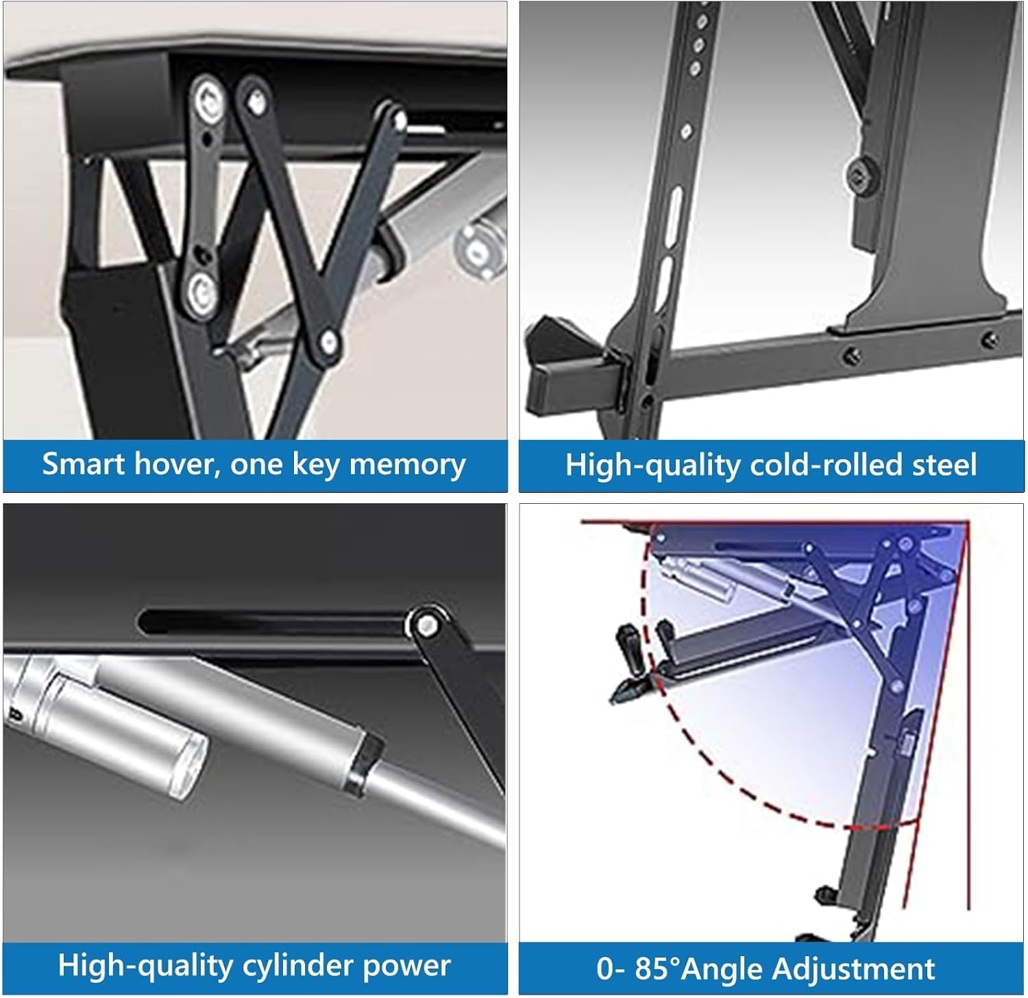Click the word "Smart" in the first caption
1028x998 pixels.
click(x=84, y=464)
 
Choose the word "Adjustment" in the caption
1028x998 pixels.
click(x=853, y=969)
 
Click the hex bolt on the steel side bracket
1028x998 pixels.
click(x=859, y=175)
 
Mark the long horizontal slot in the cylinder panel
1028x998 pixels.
click(x=274, y=622)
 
